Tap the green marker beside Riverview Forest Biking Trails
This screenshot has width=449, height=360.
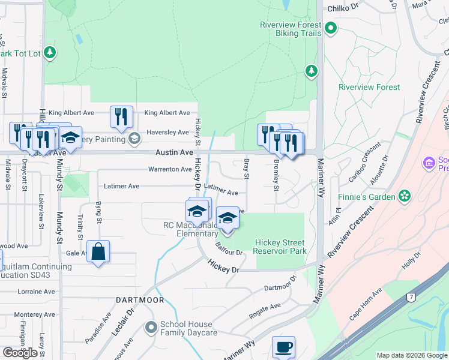(331, 28)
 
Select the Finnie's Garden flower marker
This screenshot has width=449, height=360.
(406, 196)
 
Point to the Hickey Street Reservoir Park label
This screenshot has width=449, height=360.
(280, 247)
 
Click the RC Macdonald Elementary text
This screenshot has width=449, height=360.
(191, 230)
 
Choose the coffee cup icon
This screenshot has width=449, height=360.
(283, 347)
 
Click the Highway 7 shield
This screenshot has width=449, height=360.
(410, 297)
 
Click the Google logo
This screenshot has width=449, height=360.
(20, 353)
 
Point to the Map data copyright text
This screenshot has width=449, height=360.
(411, 356)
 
